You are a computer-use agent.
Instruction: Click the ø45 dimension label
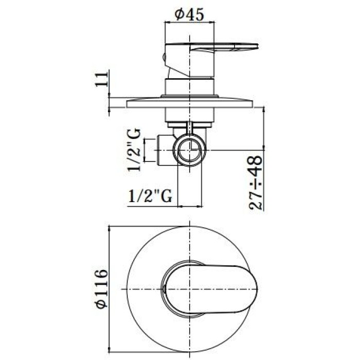click(x=187, y=14)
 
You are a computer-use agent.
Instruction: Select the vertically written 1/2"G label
click(x=135, y=149)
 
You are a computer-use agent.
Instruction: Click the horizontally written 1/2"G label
click(x=150, y=196)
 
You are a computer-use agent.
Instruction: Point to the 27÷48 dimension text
click(x=256, y=183)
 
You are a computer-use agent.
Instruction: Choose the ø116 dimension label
click(x=101, y=288)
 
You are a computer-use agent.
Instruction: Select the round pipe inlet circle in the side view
click(x=191, y=150)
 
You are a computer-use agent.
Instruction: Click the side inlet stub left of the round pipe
click(x=166, y=150)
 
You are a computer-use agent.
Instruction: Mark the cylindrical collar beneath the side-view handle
click(x=188, y=87)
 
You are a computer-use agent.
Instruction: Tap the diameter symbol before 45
click(x=179, y=15)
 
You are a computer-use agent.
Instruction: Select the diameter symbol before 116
click(x=101, y=302)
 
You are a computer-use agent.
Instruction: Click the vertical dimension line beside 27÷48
click(x=264, y=154)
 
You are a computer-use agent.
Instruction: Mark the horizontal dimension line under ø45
click(x=188, y=23)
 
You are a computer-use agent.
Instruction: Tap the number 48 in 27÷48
click(x=256, y=167)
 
